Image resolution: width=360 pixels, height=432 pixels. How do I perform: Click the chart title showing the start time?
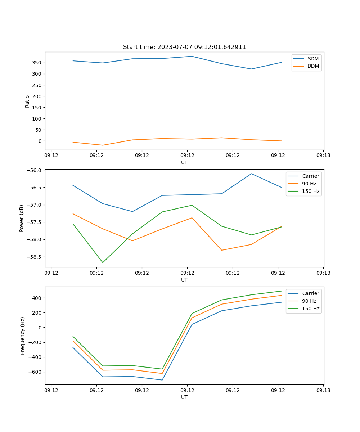point(184,47)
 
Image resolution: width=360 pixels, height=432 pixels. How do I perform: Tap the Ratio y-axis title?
point(27,101)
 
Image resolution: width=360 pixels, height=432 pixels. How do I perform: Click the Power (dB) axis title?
point(22,218)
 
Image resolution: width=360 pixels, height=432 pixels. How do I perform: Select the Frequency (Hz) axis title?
point(23,336)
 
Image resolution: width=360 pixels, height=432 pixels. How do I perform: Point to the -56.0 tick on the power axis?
point(34,170)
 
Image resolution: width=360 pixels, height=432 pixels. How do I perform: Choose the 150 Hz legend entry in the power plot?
point(311,191)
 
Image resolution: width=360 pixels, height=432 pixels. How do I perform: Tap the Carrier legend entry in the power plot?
point(310,176)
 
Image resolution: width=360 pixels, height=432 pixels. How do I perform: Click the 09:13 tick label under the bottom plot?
point(323,390)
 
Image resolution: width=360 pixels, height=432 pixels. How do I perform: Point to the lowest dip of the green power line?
point(103,262)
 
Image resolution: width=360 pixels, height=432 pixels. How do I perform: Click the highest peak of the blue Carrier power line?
point(251,174)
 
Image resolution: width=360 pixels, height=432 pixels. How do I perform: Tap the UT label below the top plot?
point(184,162)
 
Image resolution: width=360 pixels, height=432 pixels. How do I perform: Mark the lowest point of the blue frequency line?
point(162,380)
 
